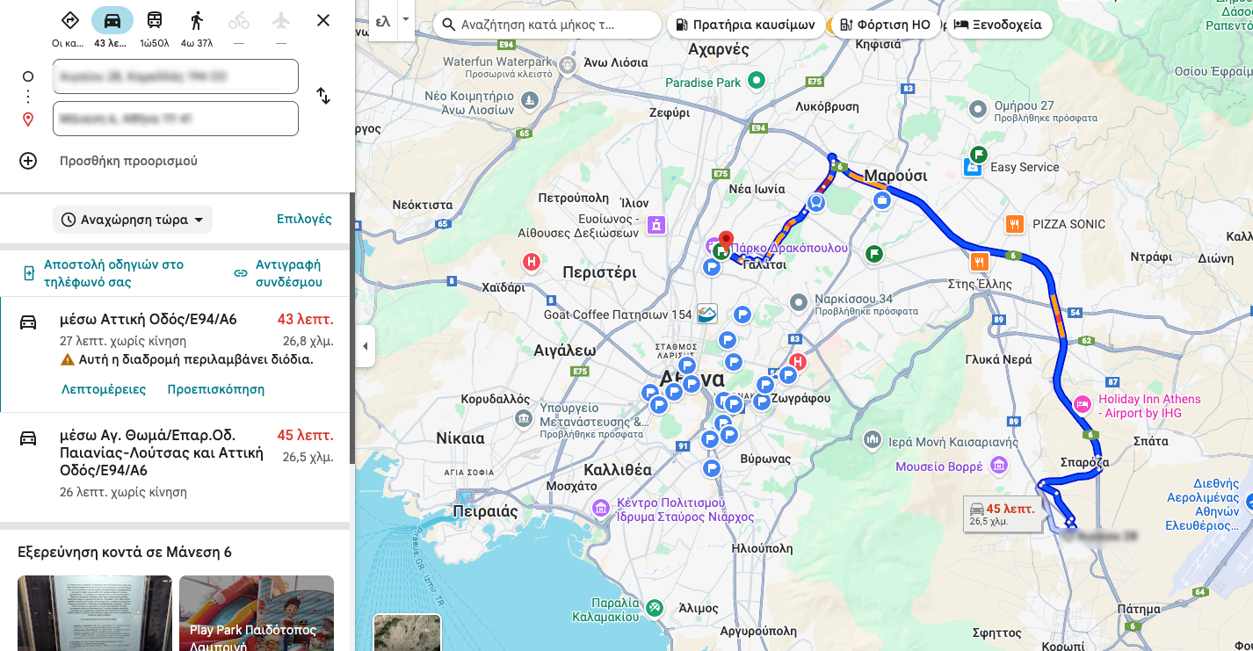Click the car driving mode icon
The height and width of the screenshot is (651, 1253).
112,21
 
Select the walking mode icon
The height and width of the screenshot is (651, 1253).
196,21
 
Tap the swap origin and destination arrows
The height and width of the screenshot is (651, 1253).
323,96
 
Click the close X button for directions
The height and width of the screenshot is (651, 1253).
323,20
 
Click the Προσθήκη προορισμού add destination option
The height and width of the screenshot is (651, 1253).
128,161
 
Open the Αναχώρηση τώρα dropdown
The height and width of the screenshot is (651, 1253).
134,220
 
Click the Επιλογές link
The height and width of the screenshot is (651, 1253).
304,219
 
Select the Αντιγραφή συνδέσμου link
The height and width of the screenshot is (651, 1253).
287,273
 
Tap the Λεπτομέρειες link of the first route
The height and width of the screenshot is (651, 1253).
104,389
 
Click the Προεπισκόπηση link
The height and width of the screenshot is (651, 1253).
215,389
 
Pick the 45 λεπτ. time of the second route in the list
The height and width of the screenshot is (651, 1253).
305,435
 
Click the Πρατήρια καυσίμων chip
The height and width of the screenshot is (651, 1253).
745,25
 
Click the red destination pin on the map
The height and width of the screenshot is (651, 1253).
726,240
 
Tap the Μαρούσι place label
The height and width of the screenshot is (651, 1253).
895,176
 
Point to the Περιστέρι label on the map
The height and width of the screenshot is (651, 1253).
599,272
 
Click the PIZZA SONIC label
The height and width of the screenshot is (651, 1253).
1068,224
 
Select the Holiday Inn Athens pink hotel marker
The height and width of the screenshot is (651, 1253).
1083,404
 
